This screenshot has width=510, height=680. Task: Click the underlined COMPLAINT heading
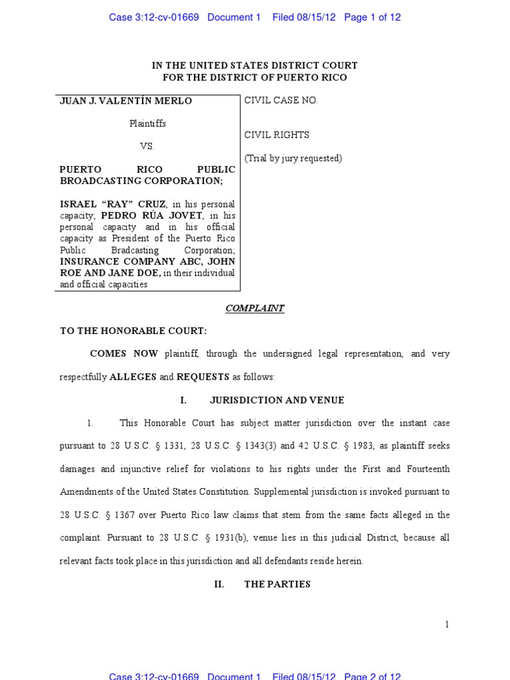click(x=255, y=308)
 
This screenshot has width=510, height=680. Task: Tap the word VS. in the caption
click(x=147, y=146)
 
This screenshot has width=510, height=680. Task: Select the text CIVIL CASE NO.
click(x=282, y=100)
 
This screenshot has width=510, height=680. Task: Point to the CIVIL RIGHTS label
click(x=277, y=135)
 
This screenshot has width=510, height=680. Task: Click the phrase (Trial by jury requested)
click(x=294, y=158)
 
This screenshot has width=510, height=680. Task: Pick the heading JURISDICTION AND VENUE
click(x=277, y=400)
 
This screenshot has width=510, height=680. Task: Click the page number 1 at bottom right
click(x=447, y=624)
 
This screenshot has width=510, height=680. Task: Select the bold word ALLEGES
click(x=133, y=377)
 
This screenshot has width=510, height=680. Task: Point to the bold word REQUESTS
click(x=203, y=377)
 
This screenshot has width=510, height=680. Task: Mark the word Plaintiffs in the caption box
click(x=147, y=124)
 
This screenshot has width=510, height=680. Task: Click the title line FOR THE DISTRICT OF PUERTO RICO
click(x=255, y=78)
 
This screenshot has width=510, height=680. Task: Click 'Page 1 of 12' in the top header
click(x=373, y=18)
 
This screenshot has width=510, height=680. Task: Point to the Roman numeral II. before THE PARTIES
click(x=219, y=584)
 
